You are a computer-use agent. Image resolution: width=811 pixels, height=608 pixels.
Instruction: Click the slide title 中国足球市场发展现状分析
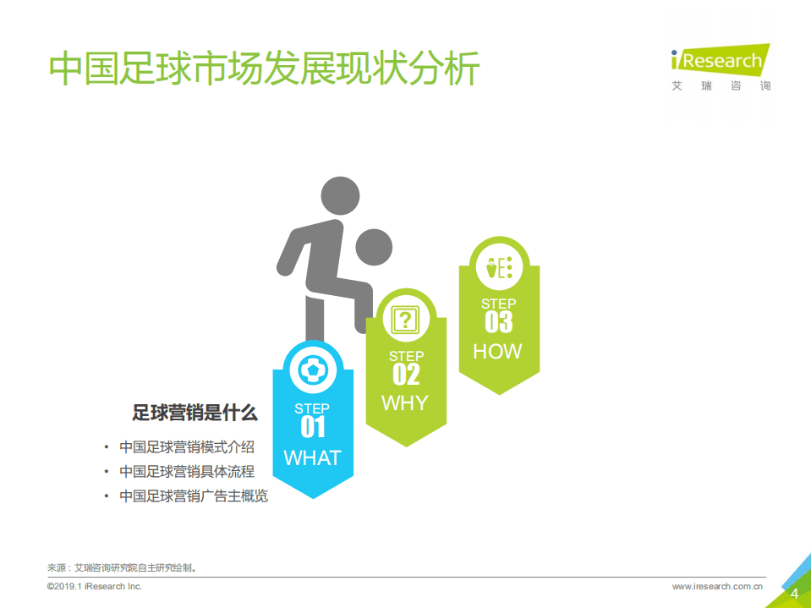[264, 69]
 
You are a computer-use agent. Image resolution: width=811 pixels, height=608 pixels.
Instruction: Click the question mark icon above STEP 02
[406, 320]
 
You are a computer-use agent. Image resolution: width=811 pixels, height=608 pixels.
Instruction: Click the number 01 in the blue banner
[313, 428]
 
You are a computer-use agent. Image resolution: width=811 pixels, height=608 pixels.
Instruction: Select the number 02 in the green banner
[406, 375]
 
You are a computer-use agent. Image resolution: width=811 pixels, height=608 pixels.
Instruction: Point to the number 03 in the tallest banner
[498, 322]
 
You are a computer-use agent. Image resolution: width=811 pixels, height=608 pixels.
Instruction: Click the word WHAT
[313, 458]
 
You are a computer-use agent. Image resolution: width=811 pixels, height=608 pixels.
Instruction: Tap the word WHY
[405, 403]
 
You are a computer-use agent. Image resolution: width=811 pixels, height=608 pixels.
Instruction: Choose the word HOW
[497, 351]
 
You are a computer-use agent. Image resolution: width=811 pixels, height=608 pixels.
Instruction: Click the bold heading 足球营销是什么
[195, 414]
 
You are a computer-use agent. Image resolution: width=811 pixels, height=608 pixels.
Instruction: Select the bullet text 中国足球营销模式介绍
[187, 447]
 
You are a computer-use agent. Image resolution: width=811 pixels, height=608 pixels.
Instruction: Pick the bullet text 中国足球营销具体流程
[187, 472]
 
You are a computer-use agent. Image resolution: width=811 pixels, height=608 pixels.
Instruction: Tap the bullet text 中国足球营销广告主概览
[194, 496]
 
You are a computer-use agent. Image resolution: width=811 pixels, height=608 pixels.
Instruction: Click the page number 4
[794, 594]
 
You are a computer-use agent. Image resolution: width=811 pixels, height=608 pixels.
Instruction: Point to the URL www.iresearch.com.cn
[718, 586]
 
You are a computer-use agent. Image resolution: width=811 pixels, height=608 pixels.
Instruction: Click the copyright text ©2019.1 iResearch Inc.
[95, 586]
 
